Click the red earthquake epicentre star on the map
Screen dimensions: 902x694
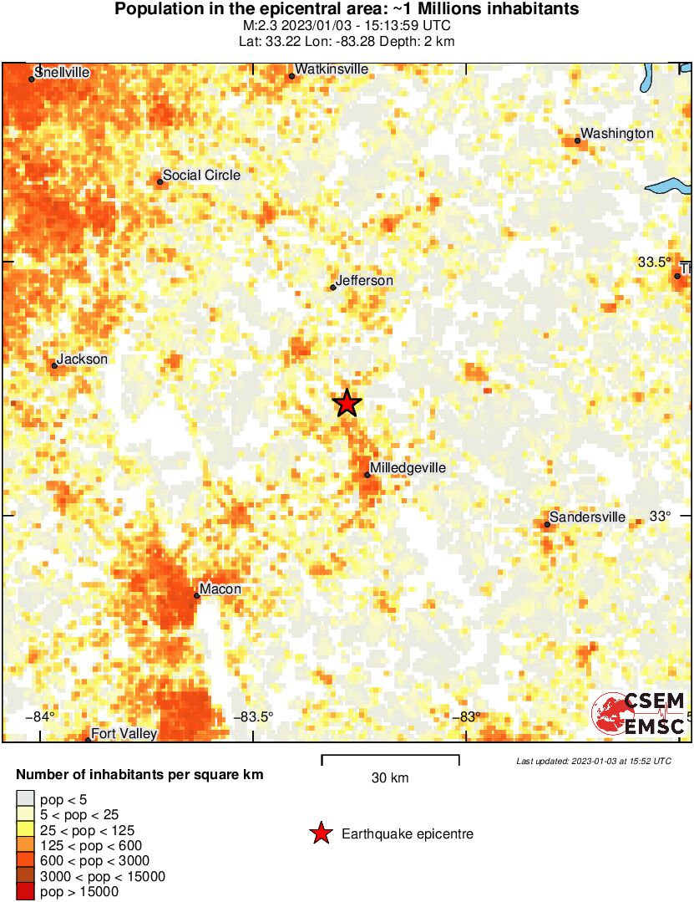(347, 403)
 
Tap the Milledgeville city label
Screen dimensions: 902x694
(408, 468)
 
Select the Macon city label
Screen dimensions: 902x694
(221, 589)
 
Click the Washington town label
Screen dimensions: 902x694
(617, 133)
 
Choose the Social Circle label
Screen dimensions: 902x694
(201, 175)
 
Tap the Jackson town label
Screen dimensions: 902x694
(83, 359)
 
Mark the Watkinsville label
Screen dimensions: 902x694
(332, 69)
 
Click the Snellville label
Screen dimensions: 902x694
(63, 72)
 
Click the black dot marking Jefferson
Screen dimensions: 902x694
(333, 288)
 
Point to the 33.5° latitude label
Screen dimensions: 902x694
(655, 262)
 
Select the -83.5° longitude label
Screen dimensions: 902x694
(252, 716)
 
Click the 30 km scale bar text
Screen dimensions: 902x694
(390, 777)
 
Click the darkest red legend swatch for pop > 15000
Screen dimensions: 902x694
(26, 892)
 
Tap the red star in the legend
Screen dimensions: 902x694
(320, 833)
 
